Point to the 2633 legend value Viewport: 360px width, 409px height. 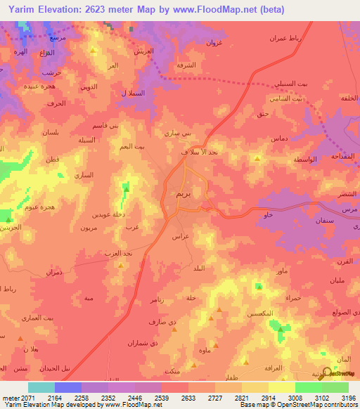click(186, 398)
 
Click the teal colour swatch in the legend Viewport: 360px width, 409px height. click(41, 387)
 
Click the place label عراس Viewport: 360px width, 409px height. click(181, 238)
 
